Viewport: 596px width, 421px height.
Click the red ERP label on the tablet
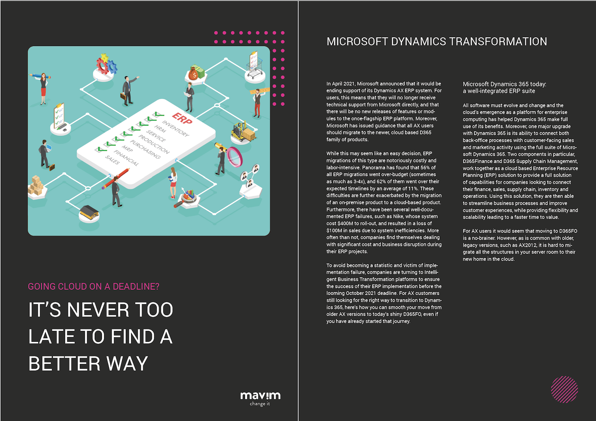182,118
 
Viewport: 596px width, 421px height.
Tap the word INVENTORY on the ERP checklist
175,129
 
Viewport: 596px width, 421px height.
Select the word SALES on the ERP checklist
112,160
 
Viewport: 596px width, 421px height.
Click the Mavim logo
260,398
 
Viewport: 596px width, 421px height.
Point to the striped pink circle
564,389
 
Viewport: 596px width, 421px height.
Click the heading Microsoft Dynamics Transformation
437,42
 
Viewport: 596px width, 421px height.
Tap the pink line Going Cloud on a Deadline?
94,286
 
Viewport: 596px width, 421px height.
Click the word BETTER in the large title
64,364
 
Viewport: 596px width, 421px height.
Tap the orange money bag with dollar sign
193,74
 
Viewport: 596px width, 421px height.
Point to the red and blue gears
106,64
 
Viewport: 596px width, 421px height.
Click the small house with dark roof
89,212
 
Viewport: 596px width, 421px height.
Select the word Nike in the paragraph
398,216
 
